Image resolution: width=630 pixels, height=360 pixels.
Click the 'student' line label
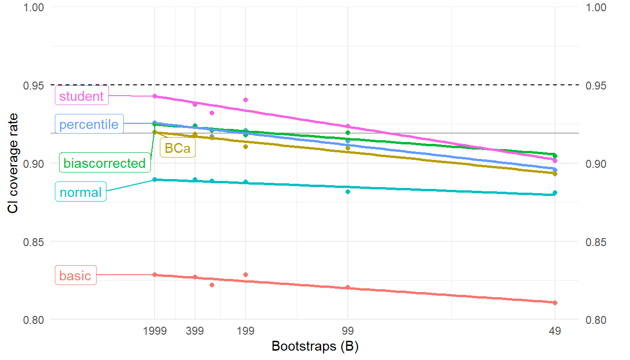coord(82,96)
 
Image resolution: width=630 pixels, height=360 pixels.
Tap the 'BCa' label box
coord(178,148)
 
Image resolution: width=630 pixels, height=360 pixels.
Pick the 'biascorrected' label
coord(105,163)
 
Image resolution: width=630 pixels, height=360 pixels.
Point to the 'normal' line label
coord(81,192)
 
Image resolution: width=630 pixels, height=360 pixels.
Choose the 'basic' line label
coord(75,276)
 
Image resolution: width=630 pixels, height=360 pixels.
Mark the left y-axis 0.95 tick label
coord(33,85)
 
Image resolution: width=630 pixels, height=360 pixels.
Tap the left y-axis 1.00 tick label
coord(33,7)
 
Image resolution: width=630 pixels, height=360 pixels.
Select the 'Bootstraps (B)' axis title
coord(315,347)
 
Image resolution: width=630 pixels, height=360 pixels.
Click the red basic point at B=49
coord(555,303)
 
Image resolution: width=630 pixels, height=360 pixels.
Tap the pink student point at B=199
coord(246,100)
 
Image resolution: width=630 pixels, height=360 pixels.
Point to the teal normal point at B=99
coord(348,192)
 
